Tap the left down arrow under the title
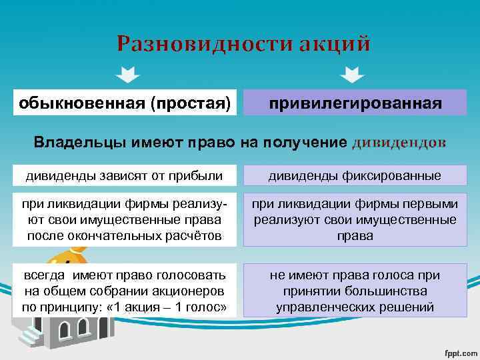(127, 73)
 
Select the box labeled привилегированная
(355, 103)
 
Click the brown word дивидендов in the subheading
(398, 143)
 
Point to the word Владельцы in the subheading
(74, 143)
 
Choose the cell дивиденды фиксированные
(355, 176)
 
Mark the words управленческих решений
(355, 307)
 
